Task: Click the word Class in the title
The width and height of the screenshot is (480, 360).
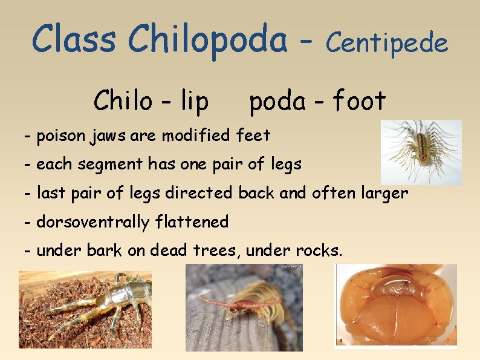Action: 73,39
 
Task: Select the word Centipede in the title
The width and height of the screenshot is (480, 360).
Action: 387,42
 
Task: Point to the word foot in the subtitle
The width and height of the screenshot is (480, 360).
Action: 359,100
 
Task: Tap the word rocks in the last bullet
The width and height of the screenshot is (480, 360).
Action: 319,250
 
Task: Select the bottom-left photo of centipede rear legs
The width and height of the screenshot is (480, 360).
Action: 85,309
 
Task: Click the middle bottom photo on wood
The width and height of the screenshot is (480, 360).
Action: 244,308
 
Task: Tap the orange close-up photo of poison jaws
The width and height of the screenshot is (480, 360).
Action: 396,306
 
